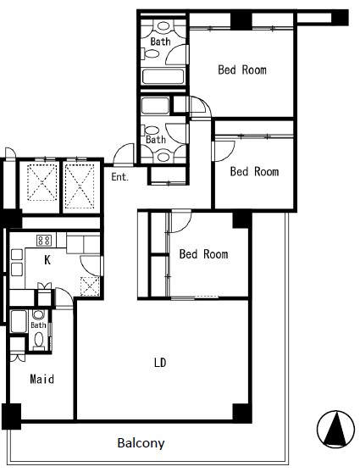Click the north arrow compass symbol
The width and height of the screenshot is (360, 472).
click(335, 429)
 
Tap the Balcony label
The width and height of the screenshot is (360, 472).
click(141, 443)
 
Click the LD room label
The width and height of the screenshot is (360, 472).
click(160, 363)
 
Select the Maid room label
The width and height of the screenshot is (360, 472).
click(42, 379)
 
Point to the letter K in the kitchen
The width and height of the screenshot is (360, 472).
click(47, 260)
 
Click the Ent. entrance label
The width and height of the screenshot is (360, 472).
click(119, 177)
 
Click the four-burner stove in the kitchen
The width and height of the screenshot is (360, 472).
click(44, 240)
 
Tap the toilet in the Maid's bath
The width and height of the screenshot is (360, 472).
click(39, 341)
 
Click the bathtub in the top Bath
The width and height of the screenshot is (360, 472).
click(163, 76)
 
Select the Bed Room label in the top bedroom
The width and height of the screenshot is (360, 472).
click(242, 69)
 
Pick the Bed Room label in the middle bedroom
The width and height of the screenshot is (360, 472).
click(254, 171)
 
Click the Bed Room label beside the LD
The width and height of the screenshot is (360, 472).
click(203, 254)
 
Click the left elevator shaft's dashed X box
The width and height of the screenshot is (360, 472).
click(42, 182)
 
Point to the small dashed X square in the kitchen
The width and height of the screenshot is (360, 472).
click(90, 286)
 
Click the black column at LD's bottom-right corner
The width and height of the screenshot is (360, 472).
click(242, 414)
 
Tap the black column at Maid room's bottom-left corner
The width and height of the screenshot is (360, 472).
click(12, 416)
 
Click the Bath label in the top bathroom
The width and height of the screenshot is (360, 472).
click(160, 42)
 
